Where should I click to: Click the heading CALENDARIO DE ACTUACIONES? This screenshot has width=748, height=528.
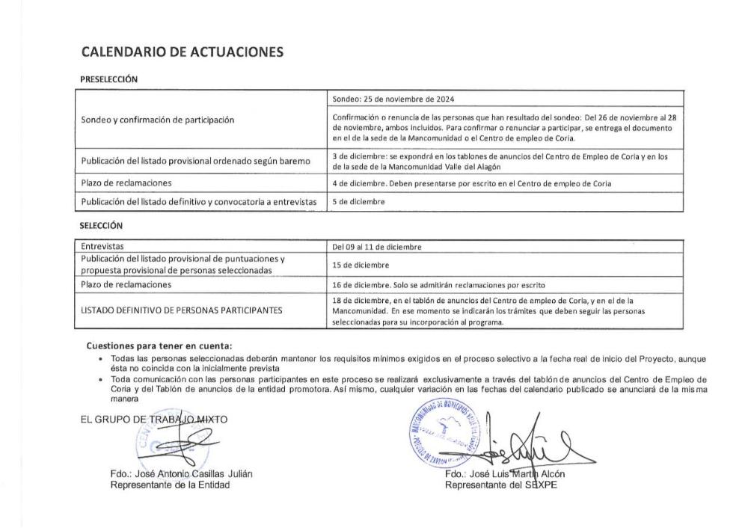coord(182,52)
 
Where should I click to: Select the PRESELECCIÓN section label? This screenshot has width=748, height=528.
coord(108,79)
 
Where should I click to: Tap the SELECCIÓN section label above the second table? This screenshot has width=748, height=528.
coord(101,225)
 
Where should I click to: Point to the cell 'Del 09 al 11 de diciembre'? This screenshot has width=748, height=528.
coord(378,246)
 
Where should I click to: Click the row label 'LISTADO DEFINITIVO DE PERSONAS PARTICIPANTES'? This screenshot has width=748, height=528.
coord(182,310)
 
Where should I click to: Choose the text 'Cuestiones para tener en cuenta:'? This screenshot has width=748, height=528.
coord(159,346)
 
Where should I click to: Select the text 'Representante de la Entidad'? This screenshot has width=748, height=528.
coord(170,485)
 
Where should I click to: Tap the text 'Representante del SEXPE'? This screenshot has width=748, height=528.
coord(500,485)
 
